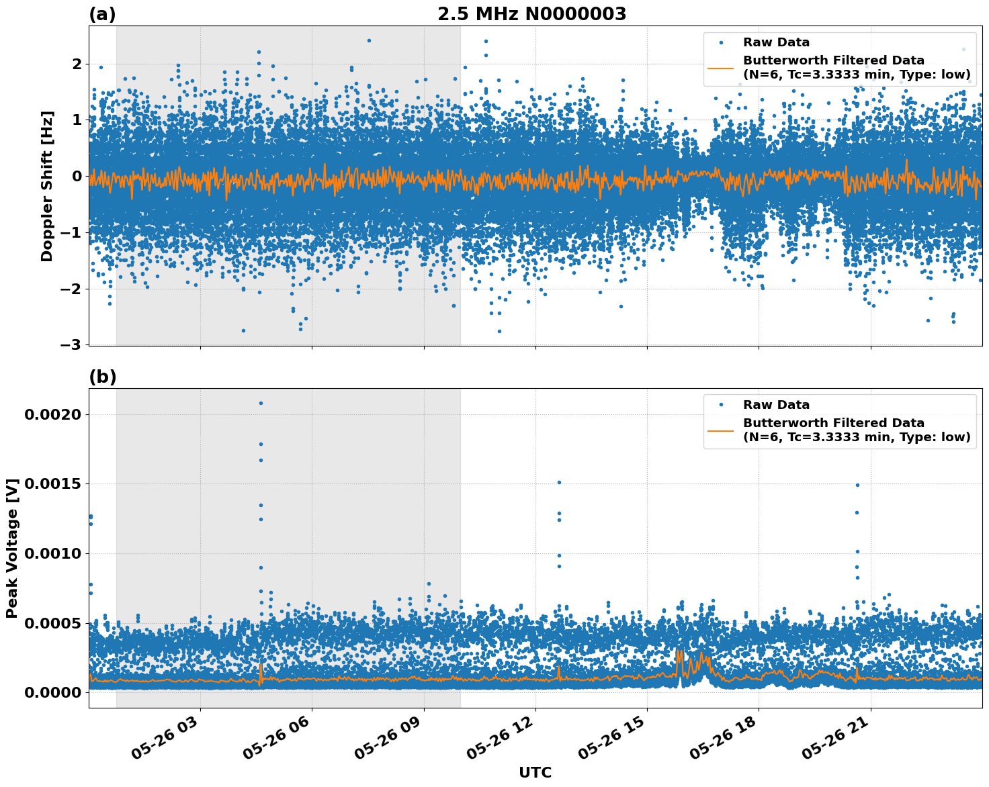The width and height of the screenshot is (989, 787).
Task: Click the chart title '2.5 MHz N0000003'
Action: click(531, 14)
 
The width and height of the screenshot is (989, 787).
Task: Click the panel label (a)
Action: click(102, 14)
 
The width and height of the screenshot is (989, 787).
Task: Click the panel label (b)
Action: click(102, 377)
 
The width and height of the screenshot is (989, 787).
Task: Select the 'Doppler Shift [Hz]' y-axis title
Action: click(46, 186)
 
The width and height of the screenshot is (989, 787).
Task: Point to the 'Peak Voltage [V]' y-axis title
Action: click(11, 548)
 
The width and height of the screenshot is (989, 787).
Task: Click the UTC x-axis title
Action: click(535, 772)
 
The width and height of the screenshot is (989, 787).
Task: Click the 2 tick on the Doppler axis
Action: click(77, 64)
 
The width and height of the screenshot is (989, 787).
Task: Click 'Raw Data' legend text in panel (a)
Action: click(776, 42)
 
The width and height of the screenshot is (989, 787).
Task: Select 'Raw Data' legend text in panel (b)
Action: click(776, 405)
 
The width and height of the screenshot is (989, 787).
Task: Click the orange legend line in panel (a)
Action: click(721, 67)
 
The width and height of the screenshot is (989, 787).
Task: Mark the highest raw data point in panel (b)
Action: click(261, 403)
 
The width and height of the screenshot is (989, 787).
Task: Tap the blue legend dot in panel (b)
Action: click(721, 405)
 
